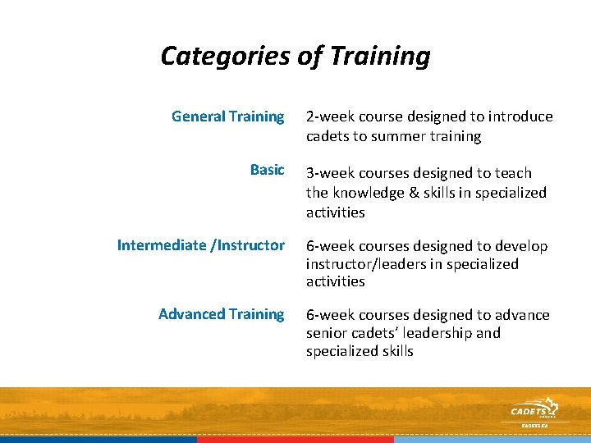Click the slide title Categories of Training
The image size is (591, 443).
pyautogui.click(x=295, y=56)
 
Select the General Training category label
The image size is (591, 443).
pyautogui.click(x=227, y=116)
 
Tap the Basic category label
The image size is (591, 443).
pyautogui.click(x=267, y=170)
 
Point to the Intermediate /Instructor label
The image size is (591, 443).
pyautogui.click(x=201, y=245)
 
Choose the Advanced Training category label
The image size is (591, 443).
pyautogui.click(x=221, y=314)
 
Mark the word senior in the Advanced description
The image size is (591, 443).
pyautogui.click(x=328, y=333)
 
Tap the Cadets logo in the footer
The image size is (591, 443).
pyautogui.click(x=533, y=411)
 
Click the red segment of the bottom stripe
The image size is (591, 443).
pyautogui.click(x=295, y=440)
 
